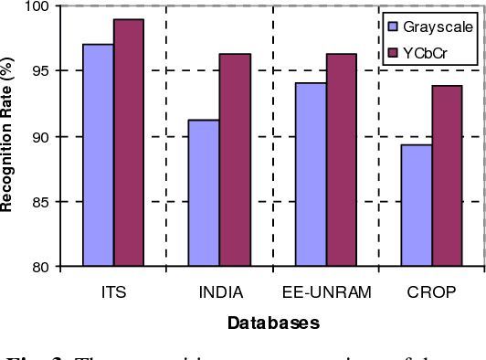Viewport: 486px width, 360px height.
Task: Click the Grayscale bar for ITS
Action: (x=99, y=155)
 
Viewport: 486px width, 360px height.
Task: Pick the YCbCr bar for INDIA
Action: (x=235, y=160)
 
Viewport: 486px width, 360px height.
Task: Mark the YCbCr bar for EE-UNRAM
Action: (x=341, y=160)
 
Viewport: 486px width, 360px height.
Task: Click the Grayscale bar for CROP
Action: (x=417, y=206)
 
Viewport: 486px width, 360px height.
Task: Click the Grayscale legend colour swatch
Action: (x=393, y=26)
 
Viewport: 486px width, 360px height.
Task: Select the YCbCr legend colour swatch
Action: (x=393, y=54)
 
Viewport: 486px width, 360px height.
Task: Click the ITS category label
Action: (x=114, y=292)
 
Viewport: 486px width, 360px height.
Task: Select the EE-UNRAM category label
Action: (x=326, y=292)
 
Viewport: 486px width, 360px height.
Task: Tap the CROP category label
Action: (x=431, y=292)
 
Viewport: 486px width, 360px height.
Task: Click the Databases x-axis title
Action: (x=273, y=323)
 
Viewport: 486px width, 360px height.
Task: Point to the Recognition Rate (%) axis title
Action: (x=8, y=138)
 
